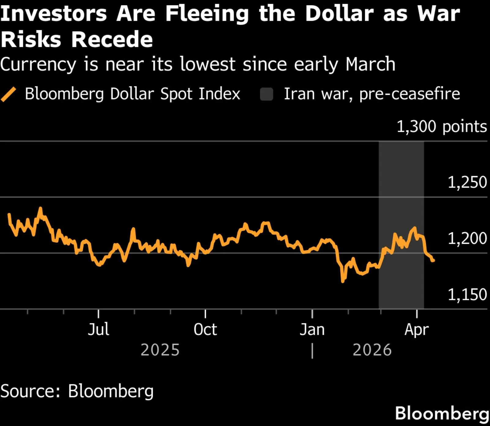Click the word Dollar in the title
[x=339, y=14]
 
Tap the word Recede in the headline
[x=112, y=40]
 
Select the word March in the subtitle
[x=370, y=64]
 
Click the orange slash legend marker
[x=9, y=94]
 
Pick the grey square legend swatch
[x=266, y=94]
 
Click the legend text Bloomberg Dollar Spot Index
[x=133, y=94]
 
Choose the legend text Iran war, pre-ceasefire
[x=372, y=94]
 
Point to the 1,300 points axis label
[x=442, y=126]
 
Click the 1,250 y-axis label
[x=467, y=182]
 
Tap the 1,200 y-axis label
[x=467, y=238]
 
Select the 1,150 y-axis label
[x=467, y=294]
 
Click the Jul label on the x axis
[x=98, y=330]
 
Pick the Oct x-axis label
[x=205, y=330]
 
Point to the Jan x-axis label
[x=312, y=330]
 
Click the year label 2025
[x=160, y=350]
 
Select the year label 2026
[x=372, y=350]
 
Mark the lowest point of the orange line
[x=342, y=281]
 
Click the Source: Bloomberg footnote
[x=77, y=391]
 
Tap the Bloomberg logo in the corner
[x=442, y=413]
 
